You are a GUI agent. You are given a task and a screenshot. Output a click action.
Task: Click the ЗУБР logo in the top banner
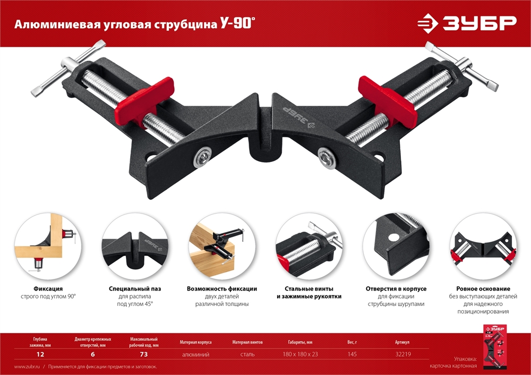tap(466, 23)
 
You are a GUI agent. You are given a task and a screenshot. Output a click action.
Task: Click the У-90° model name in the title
tap(234, 24)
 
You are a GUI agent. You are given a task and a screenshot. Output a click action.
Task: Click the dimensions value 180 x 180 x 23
tap(301, 354)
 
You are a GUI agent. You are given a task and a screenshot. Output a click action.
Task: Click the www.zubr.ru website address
tap(27, 367)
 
